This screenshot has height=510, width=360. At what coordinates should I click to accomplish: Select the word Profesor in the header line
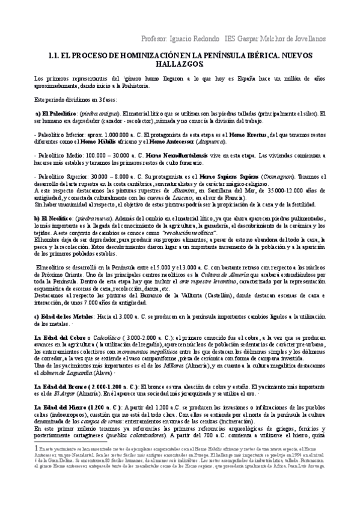pos(154,38)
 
